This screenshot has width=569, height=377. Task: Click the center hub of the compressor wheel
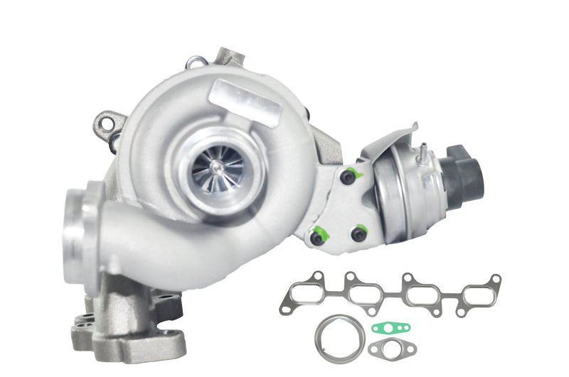[218, 167]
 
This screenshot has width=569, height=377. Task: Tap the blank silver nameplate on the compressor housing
[245, 102]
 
